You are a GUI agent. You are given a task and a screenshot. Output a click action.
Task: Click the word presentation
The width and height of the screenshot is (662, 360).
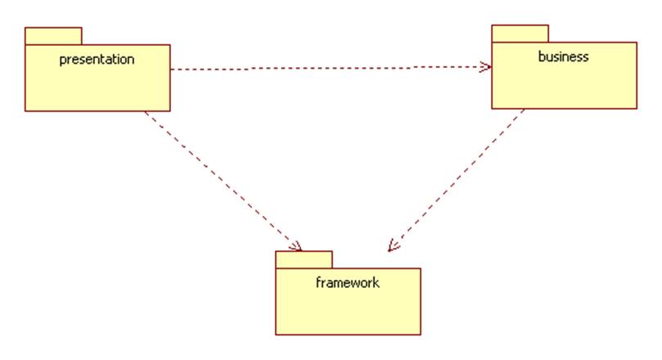click(x=97, y=60)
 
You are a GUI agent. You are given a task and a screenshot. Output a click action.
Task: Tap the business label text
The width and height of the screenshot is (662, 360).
click(x=563, y=57)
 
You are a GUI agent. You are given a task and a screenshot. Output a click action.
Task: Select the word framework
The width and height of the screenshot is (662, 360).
click(x=347, y=283)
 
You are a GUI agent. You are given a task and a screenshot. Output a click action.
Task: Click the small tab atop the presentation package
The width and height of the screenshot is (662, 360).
click(x=53, y=36)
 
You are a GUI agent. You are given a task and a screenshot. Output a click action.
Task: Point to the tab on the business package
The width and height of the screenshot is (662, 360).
click(x=520, y=34)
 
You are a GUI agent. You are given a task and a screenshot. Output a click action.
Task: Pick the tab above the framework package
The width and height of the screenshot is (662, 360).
click(x=304, y=259)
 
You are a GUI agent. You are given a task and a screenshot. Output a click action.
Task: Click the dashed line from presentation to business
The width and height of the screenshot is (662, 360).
click(x=327, y=68)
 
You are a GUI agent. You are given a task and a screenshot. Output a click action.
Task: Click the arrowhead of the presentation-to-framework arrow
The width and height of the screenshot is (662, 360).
click(x=297, y=246)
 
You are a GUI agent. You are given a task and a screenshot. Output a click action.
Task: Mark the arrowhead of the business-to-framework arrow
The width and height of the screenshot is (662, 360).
click(x=393, y=245)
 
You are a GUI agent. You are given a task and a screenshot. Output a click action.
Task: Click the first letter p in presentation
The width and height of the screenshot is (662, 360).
click(x=63, y=61)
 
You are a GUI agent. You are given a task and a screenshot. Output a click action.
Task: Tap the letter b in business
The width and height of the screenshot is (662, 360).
click(x=542, y=57)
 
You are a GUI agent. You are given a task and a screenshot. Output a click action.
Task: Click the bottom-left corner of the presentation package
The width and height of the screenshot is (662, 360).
click(x=25, y=110)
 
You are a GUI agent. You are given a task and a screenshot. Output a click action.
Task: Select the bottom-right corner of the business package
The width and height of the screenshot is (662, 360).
click(x=636, y=107)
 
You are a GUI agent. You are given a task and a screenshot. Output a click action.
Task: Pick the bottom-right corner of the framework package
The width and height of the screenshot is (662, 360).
click(x=420, y=334)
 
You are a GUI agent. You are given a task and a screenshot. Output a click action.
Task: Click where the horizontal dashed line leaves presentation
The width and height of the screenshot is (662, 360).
click(x=171, y=70)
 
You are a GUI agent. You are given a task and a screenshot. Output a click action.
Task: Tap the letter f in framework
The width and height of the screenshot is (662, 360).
click(x=318, y=283)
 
